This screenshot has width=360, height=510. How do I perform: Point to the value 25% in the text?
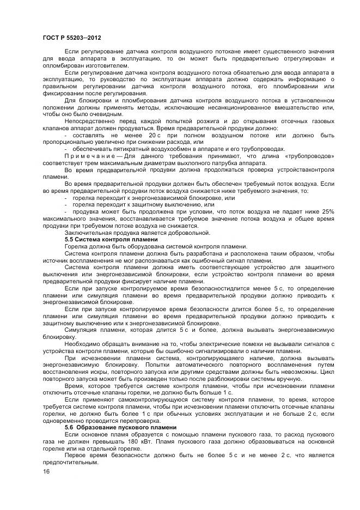[327, 211]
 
